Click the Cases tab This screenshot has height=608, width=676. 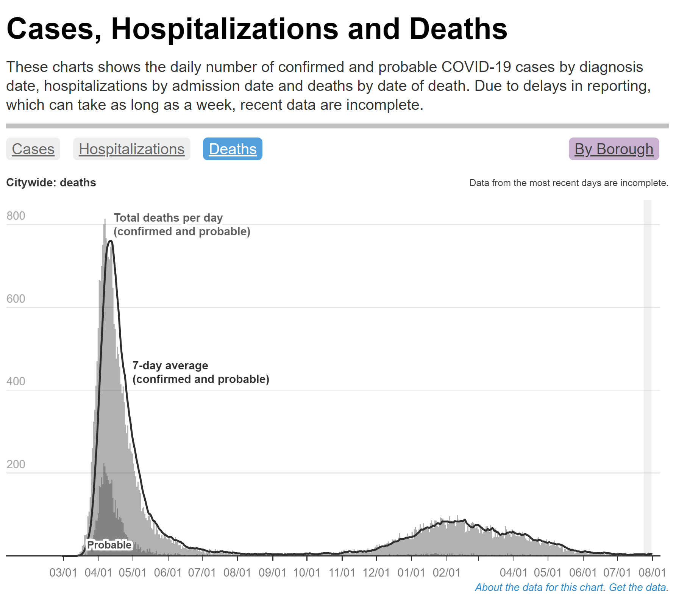pos(33,149)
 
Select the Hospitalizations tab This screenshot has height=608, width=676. pos(131,149)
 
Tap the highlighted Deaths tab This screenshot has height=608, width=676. pos(233,149)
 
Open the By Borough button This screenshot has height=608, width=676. pos(614,149)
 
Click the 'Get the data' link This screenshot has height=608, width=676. pos(637,587)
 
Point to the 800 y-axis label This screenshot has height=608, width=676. pos(16,216)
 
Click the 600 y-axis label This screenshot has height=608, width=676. pos(16,299)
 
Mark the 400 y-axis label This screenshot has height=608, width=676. pos(16,381)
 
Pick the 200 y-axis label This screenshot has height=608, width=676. pos(16,464)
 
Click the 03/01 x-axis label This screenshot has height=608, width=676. pos(63,572)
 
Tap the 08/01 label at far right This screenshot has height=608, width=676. pos(652,572)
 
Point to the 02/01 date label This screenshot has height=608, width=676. pos(447,572)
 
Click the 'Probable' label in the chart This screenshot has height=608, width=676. pos(109,545)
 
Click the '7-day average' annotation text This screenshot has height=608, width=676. pos(170,366)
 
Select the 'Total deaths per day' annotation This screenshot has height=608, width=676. pos(168,218)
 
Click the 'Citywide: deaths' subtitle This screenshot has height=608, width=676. pos(51,183)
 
